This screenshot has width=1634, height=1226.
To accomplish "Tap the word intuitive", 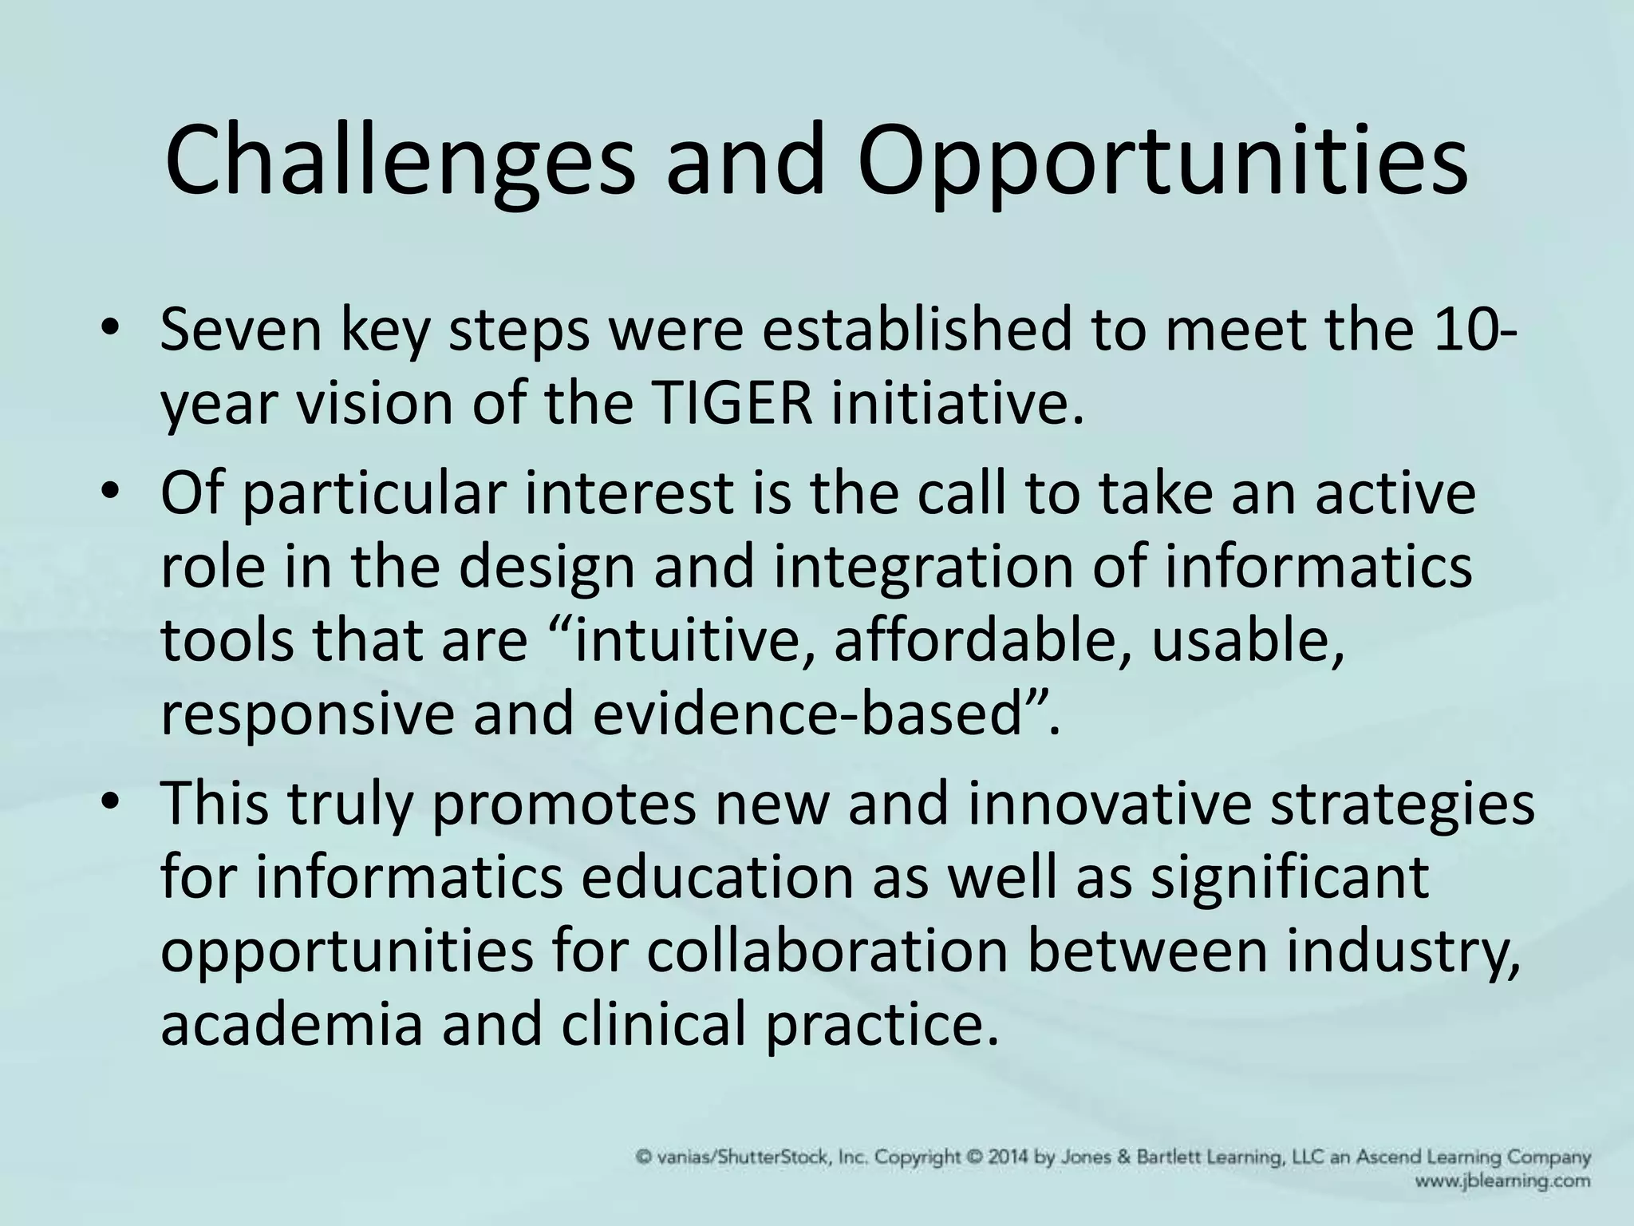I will click(x=685, y=640).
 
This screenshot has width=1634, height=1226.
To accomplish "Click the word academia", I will click(x=291, y=1024).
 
